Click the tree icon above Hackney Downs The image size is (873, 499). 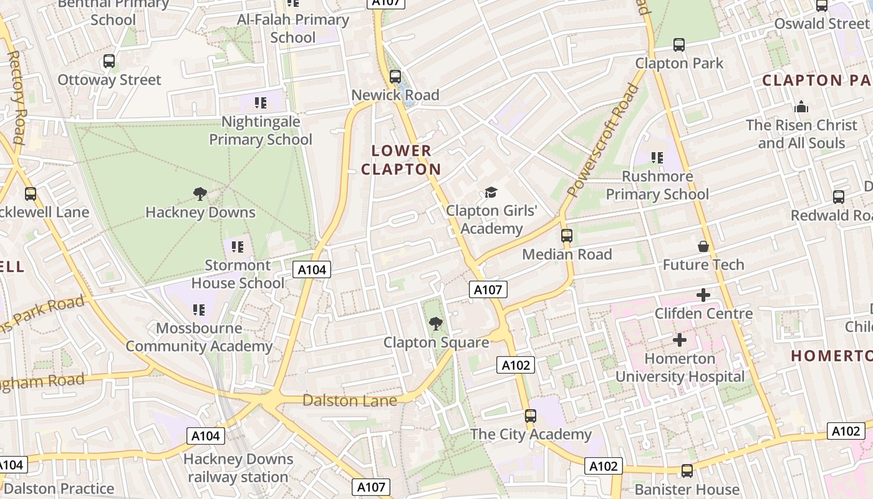(x=200, y=194)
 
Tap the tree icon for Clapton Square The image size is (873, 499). (x=435, y=324)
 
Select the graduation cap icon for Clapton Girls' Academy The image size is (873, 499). (x=491, y=192)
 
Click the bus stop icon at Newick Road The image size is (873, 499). (x=395, y=77)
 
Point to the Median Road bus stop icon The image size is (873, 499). (x=566, y=236)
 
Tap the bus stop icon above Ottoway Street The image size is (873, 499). (x=109, y=61)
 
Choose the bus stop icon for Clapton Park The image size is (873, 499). (x=678, y=45)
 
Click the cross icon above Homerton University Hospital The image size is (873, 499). (x=680, y=340)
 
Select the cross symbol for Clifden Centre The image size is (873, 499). (x=703, y=295)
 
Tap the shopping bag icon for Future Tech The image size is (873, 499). (x=703, y=246)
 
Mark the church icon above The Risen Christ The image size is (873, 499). (x=801, y=107)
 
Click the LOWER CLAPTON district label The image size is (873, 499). (x=401, y=160)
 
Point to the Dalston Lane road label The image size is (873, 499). (x=349, y=400)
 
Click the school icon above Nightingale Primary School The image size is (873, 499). (x=260, y=102)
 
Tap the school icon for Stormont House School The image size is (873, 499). (x=237, y=247)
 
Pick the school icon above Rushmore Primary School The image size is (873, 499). (x=657, y=158)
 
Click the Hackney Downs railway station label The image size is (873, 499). (x=238, y=468)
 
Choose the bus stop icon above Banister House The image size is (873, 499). (x=687, y=471)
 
